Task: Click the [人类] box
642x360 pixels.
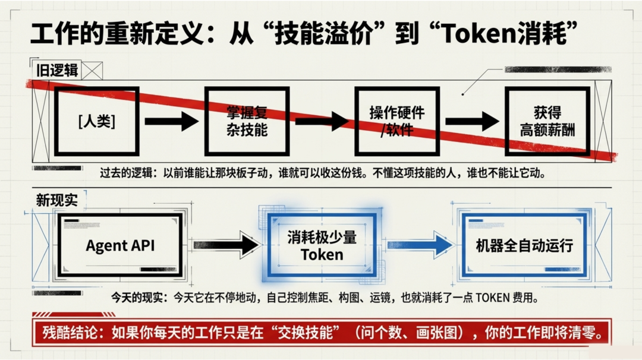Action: [96, 121]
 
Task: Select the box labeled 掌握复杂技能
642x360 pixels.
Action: [247, 121]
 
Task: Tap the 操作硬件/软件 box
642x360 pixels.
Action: [396, 121]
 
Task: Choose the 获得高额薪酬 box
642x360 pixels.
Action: [547, 121]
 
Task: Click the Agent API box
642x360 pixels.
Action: [120, 245]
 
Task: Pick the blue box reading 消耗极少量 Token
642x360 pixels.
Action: [322, 245]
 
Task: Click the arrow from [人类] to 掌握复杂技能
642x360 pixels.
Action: [171, 121]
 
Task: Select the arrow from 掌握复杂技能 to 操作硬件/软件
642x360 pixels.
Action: [322, 121]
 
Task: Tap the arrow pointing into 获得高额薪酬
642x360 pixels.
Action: [472, 121]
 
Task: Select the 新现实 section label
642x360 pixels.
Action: [57, 200]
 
